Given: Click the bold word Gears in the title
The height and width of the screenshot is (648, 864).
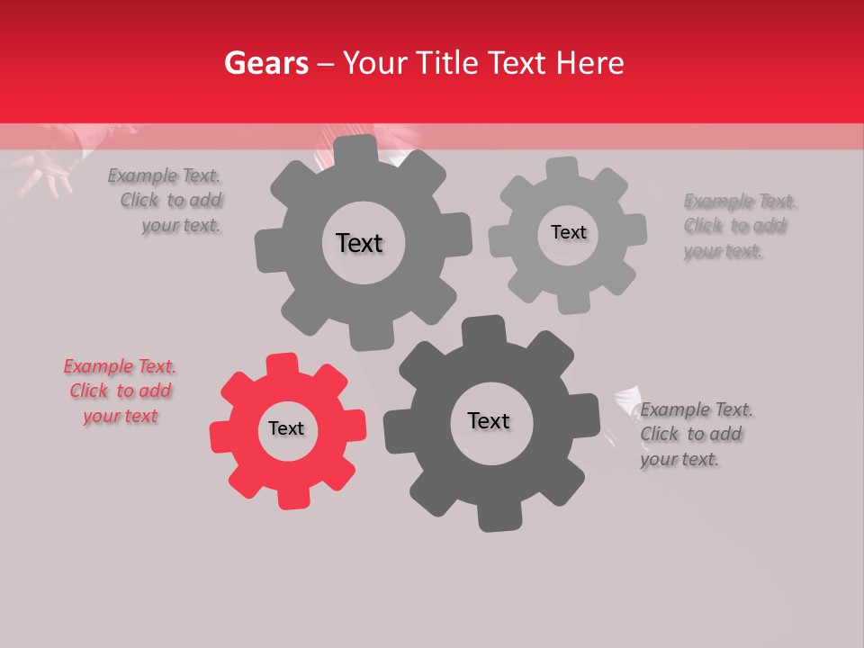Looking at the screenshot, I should coord(265,63).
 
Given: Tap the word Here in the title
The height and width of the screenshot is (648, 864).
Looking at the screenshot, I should coord(590,63).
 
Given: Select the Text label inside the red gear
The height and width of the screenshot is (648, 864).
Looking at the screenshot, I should coord(286,428).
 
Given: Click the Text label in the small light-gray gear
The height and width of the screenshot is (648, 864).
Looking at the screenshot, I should coord(568,232).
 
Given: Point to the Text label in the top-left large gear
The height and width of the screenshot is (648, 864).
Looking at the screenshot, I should coord(359,243).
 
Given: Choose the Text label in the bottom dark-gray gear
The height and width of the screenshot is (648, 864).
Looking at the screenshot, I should coord(489,420).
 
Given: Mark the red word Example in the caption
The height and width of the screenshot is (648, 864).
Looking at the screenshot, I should coord(98,366).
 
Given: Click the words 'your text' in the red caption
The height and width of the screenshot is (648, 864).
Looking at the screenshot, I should coord(121,416).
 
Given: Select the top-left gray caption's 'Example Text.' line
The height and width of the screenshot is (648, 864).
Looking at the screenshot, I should coord(164,175).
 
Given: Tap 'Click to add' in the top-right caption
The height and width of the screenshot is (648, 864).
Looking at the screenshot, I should coord(734,226).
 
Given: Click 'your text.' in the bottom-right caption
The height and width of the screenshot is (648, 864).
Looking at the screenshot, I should coord(679,459).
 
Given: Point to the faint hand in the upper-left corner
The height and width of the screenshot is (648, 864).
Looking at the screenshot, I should coord(45,171).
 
